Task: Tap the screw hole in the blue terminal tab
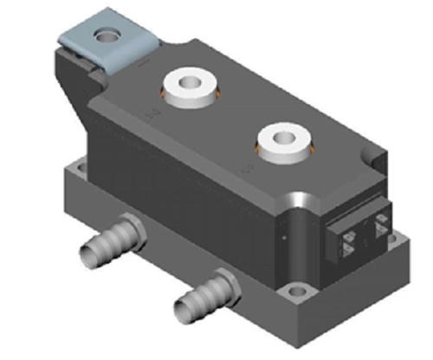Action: tap(108, 35)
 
